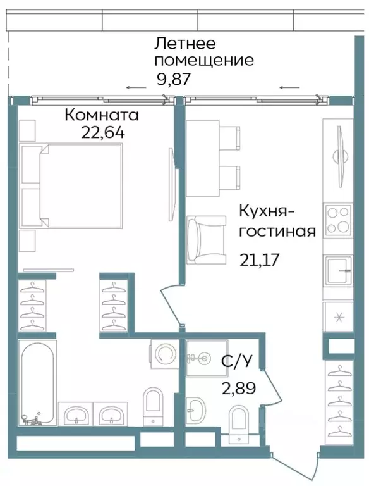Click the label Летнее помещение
(204, 53)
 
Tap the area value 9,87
(173, 80)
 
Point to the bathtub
(37, 383)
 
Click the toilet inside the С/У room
(239, 424)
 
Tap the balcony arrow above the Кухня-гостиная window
(289, 87)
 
